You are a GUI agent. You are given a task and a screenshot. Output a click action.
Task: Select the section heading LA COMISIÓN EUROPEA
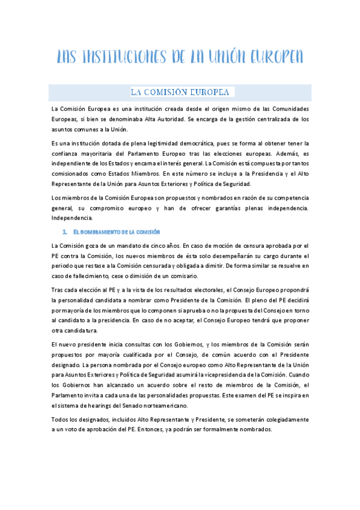click(180, 92)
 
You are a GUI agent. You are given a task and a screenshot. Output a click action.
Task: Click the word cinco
click(162, 245)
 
